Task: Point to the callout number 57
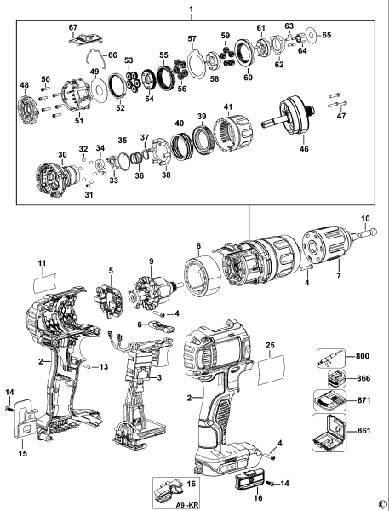point(192,39)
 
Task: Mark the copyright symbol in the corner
point(382,504)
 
